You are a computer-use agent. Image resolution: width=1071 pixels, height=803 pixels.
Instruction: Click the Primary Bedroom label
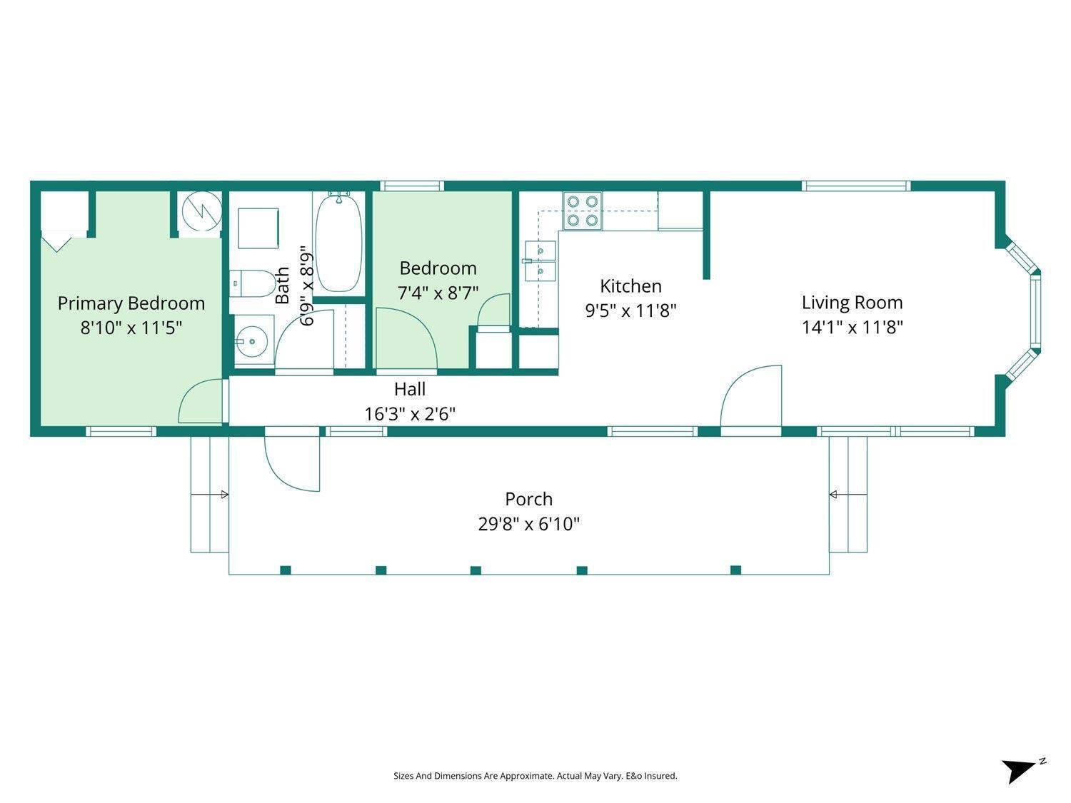pos(131,303)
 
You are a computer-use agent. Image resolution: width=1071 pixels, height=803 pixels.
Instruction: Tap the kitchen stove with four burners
pos(581,211)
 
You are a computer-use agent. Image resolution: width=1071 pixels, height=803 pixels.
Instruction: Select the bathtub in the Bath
pos(338,243)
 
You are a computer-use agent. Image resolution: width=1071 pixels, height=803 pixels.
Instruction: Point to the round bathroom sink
pos(251,342)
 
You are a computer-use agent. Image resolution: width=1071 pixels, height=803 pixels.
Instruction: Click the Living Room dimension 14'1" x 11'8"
pos(852,328)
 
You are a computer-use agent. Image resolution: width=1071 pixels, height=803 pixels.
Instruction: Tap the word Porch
pos(528,499)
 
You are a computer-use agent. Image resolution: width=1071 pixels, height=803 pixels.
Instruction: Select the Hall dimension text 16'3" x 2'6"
pos(410,414)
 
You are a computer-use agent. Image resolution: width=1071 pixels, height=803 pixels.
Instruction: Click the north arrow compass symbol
pos(1020,769)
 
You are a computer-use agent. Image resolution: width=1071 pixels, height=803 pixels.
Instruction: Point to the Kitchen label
pos(630,286)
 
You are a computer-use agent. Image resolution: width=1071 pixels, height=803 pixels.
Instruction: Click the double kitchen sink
pos(540,261)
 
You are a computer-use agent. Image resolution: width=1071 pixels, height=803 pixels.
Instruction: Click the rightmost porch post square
pos(735,570)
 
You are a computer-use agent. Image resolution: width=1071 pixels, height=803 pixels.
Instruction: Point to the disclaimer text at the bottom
pos(535,776)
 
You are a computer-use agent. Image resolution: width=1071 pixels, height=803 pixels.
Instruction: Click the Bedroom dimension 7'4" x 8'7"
pos(438,293)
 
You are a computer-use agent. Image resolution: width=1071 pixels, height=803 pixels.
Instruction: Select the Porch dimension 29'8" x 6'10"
pos(528,525)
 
